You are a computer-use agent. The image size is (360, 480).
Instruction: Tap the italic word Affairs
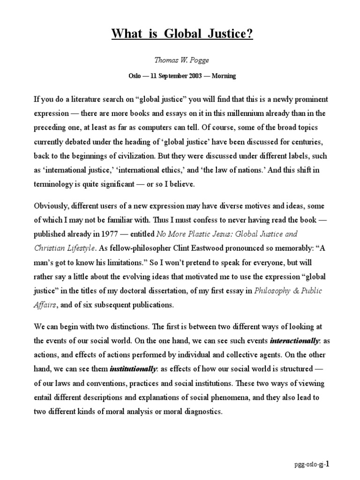tap(45, 305)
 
